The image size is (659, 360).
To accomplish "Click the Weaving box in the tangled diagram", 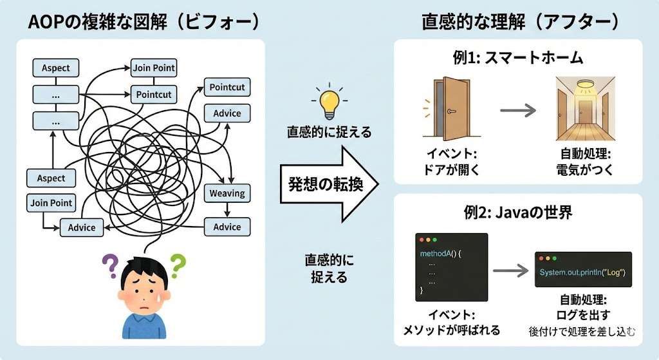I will (x=227, y=193).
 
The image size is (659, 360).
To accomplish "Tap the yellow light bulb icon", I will (x=329, y=102).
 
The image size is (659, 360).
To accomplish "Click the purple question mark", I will (x=111, y=264).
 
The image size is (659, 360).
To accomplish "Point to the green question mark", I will (x=178, y=263).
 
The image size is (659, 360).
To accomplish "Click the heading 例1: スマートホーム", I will (x=517, y=58).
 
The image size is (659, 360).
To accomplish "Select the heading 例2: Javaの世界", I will (x=518, y=213).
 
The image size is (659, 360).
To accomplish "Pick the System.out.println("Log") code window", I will (x=583, y=269).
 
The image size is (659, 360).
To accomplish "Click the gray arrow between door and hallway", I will (x=518, y=110).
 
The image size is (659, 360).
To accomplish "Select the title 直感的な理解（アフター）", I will (x=520, y=21).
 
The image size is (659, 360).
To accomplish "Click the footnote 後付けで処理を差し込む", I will (x=582, y=332).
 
